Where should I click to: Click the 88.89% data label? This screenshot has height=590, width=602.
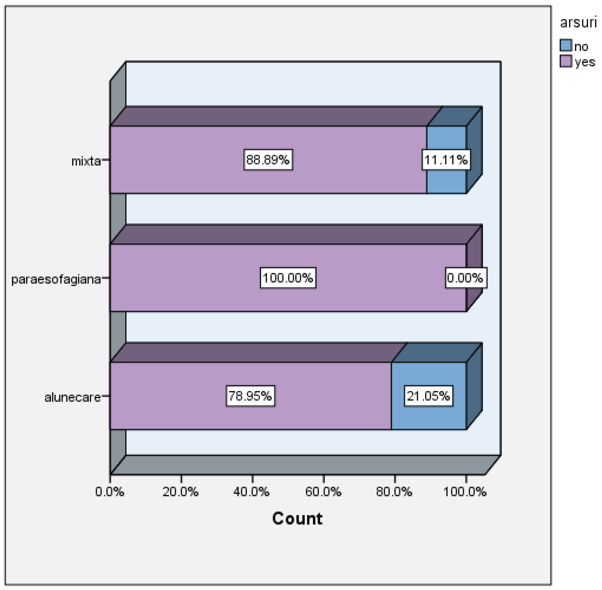click(268, 160)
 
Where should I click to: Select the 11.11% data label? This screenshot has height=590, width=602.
click(446, 160)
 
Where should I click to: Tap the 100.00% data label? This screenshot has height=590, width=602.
click(288, 278)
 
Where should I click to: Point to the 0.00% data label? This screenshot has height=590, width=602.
click(465, 278)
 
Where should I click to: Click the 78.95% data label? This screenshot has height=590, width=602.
click(250, 396)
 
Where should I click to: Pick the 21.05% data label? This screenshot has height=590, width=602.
click(428, 396)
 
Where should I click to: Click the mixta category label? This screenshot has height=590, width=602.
click(86, 161)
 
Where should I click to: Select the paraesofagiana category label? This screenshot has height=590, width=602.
click(56, 280)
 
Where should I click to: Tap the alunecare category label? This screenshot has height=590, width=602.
click(72, 397)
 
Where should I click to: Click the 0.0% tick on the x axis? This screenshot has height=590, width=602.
click(109, 492)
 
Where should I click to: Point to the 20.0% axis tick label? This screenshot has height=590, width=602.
click(181, 492)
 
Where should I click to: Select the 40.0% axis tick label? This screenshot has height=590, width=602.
click(252, 492)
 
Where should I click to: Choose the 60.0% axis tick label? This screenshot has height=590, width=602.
click(323, 492)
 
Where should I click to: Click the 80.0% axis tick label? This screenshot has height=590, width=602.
click(394, 492)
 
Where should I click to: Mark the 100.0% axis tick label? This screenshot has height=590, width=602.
click(465, 492)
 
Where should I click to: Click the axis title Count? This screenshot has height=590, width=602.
click(297, 518)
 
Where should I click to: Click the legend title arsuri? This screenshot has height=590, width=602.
click(578, 22)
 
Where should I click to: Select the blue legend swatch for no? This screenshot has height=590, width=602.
click(566, 45)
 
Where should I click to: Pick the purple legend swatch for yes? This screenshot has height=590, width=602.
click(566, 61)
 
